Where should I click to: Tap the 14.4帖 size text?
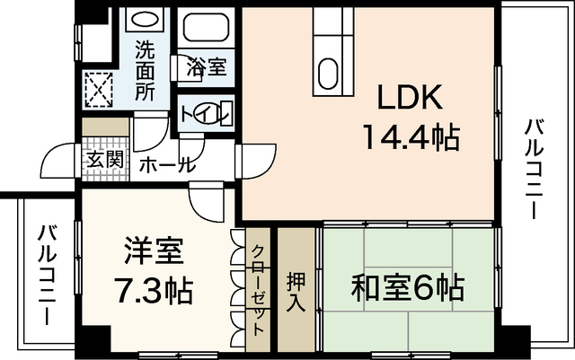411,137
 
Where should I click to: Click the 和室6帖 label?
407,289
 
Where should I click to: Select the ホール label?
165,164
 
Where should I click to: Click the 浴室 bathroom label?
207,66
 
